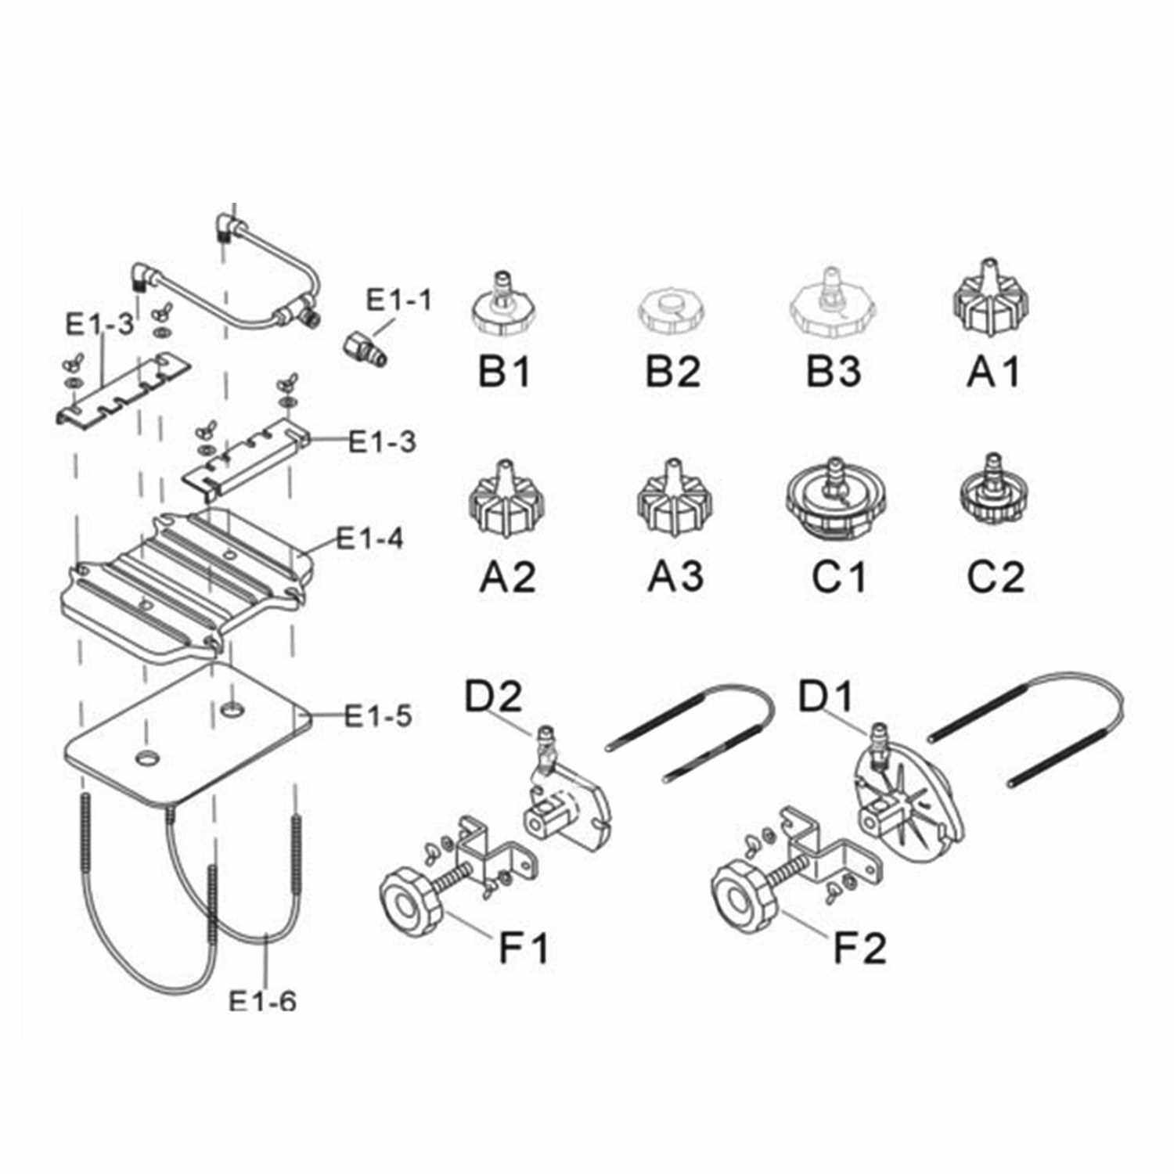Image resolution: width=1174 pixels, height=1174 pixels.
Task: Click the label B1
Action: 504,371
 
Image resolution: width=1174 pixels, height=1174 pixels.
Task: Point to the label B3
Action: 834,371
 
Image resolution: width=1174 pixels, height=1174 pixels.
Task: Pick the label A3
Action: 675,576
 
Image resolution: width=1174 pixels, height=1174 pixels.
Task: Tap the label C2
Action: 996,576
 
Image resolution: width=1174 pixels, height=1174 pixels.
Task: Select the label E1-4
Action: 369,538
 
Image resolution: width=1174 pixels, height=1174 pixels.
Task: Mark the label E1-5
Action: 378,715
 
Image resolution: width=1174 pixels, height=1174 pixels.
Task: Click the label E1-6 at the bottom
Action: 262,1000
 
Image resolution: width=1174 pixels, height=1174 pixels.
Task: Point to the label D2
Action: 493,697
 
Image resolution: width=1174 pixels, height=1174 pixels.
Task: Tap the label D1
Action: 826,697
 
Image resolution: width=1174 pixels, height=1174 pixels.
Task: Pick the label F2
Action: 859,947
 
